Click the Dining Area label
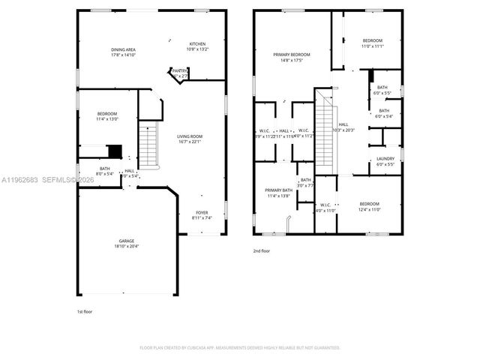tap(123, 52)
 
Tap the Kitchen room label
tap(197, 46)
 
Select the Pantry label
tap(179, 73)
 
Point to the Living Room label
tap(190, 139)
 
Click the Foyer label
tap(202, 214)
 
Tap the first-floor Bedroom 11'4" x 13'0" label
tap(107, 115)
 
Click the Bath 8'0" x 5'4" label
tap(104, 171)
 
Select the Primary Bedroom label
tap(291, 57)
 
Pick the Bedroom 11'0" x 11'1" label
tap(373, 43)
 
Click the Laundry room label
tap(385, 160)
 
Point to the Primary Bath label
tap(278, 193)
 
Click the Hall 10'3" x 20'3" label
tap(343, 127)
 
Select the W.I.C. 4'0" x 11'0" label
tap(325, 207)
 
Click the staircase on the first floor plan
tap(148, 145)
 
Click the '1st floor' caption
tap(85, 310)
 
